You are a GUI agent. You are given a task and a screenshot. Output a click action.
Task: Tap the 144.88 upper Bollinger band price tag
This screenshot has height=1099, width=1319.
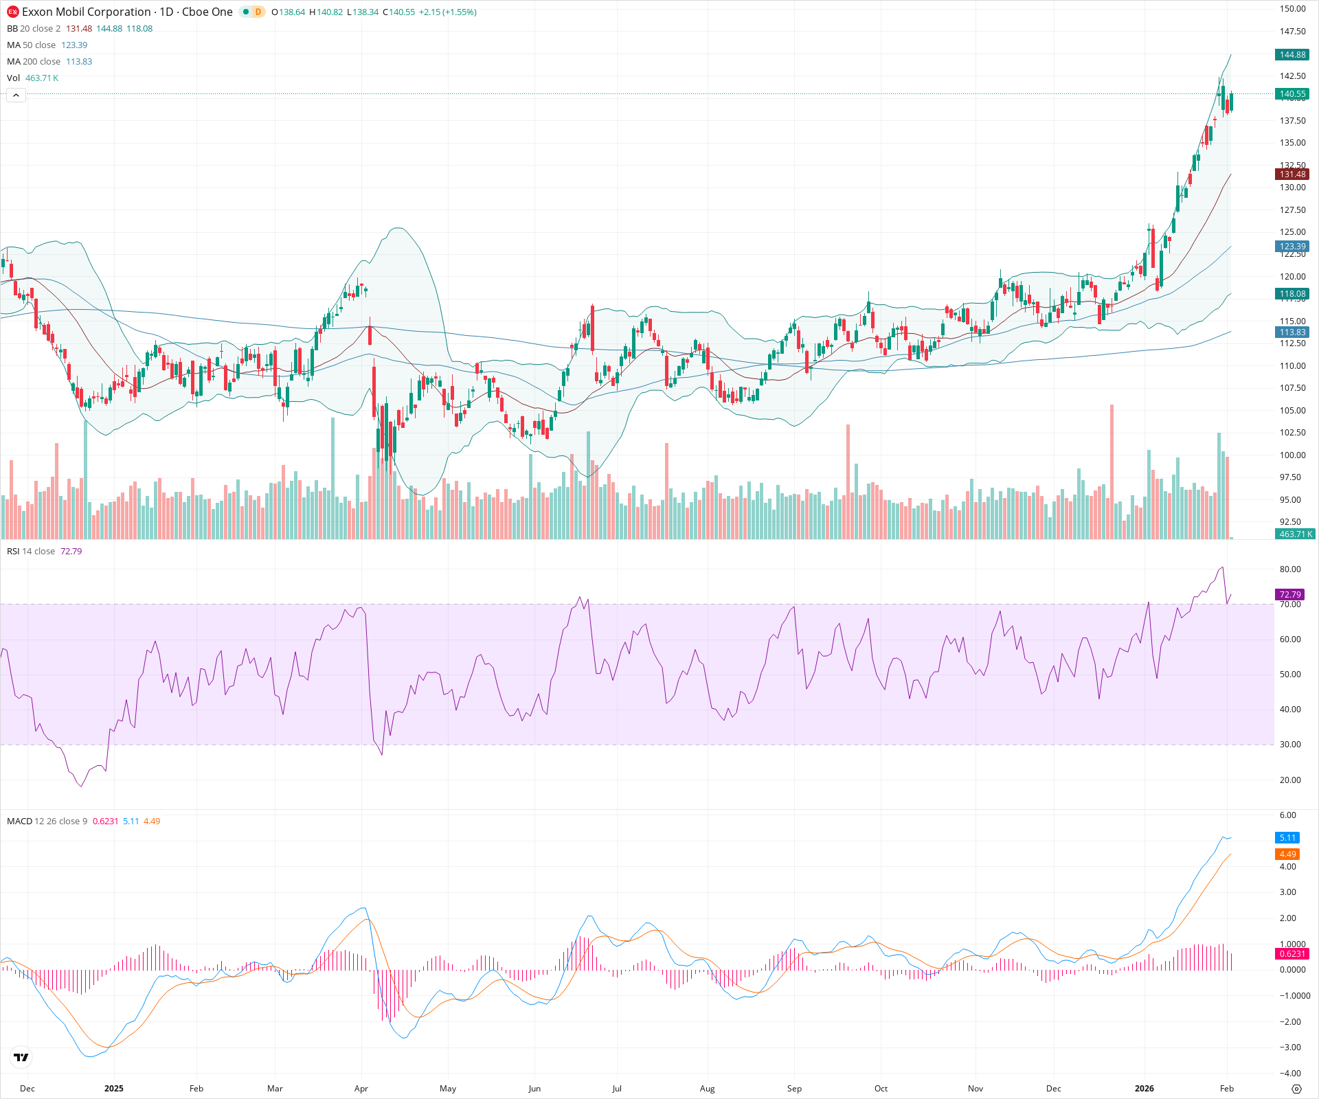(1292, 55)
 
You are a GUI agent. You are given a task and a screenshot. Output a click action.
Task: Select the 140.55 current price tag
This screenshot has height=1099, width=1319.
(1292, 94)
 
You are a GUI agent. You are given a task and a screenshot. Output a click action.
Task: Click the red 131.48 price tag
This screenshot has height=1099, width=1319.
(1292, 174)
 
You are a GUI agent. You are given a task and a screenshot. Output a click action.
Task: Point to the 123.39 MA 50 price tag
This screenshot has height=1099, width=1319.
(1292, 247)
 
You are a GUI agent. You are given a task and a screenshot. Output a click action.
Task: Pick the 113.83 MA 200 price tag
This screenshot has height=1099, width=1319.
(1292, 332)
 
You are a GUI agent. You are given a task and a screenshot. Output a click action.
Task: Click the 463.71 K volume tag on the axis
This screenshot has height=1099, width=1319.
(1295, 534)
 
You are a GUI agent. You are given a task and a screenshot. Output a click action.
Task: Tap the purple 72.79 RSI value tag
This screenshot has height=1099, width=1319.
(1289, 595)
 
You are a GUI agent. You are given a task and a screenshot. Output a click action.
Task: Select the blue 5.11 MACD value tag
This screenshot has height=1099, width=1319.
(1287, 838)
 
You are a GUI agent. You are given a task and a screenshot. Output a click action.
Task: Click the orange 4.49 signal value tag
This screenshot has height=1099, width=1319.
(1287, 854)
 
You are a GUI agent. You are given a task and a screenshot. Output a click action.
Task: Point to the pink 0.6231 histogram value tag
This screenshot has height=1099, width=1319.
(1292, 954)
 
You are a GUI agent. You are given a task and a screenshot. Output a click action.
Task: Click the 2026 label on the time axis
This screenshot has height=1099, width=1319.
(1144, 1089)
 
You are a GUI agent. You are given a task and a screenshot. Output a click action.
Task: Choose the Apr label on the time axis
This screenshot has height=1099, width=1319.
(361, 1089)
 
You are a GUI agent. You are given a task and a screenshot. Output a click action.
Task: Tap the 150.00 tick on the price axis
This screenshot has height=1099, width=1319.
(1292, 9)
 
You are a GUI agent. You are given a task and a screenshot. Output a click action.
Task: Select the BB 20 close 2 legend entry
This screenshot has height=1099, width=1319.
(34, 29)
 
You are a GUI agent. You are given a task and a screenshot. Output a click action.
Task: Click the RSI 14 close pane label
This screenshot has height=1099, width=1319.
(31, 552)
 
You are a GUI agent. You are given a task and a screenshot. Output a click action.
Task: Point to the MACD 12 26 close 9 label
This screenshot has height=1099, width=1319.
(47, 822)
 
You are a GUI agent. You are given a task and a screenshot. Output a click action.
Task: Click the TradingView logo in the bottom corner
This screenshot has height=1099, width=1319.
(21, 1058)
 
